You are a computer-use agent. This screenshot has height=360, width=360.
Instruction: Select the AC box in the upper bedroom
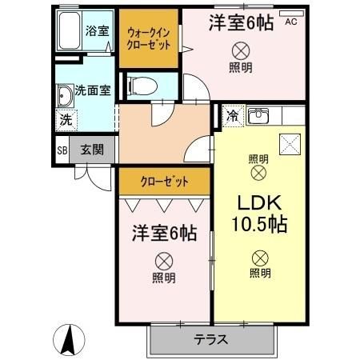tap(290, 23)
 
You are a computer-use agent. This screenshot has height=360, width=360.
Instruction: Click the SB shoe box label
tap(62, 149)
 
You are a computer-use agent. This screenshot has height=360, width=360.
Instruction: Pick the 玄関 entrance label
tap(91, 149)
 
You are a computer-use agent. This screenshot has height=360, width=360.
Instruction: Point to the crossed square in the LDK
tap(288, 145)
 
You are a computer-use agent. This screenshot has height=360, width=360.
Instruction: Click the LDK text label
tap(258, 200)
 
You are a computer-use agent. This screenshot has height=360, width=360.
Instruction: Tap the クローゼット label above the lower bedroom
tap(165, 182)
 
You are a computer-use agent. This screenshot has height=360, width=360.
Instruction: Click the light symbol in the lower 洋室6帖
tap(163, 261)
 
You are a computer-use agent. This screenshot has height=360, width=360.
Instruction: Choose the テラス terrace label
tap(211, 339)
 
